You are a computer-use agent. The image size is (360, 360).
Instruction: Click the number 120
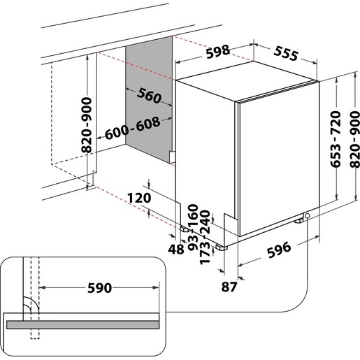138,198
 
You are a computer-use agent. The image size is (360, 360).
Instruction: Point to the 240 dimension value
206,222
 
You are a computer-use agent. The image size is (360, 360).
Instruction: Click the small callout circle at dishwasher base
308,217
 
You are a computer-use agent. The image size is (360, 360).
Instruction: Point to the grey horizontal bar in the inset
91,325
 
